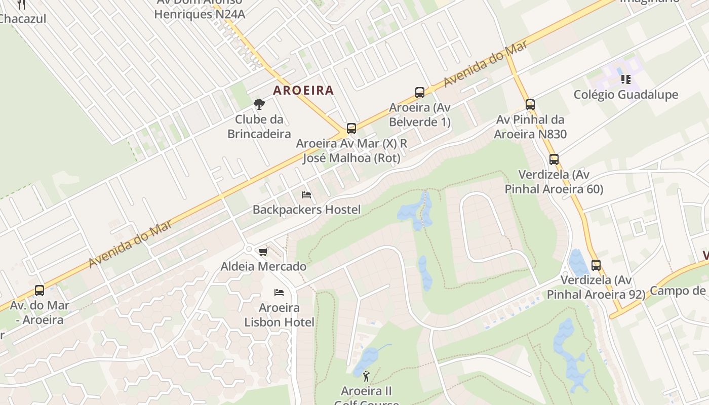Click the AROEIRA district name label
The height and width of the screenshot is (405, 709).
click(303, 91)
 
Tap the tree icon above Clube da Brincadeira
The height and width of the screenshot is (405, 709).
click(259, 104)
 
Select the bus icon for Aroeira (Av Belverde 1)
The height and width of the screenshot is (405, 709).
click(420, 92)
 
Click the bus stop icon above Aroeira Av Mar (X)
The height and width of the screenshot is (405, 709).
click(351, 128)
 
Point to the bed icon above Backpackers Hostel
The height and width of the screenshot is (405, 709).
click(306, 194)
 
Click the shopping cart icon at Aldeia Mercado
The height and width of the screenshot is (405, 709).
click(263, 252)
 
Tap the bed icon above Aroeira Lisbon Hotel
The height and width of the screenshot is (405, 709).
click(279, 293)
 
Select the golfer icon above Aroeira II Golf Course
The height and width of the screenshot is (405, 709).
click(366, 376)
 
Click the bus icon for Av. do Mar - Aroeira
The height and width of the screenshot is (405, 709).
click(40, 291)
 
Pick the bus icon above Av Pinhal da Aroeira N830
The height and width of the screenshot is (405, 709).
click(530, 105)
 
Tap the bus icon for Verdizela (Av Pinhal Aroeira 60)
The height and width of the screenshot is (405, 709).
click(554, 159)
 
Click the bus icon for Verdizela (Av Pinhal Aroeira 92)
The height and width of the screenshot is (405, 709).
click(596, 265)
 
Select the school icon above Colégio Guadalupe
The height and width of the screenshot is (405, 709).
click(626, 79)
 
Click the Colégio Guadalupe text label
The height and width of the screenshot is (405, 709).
click(625, 95)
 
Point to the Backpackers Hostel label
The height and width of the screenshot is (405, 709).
click(306, 210)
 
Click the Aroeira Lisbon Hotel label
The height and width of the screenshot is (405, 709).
click(279, 315)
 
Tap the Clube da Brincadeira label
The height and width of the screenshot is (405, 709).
click(259, 127)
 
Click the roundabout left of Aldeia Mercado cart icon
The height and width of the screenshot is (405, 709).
click(249, 249)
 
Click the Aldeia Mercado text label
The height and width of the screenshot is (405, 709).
click(263, 266)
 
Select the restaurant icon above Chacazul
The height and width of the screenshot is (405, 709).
click(21, 5)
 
